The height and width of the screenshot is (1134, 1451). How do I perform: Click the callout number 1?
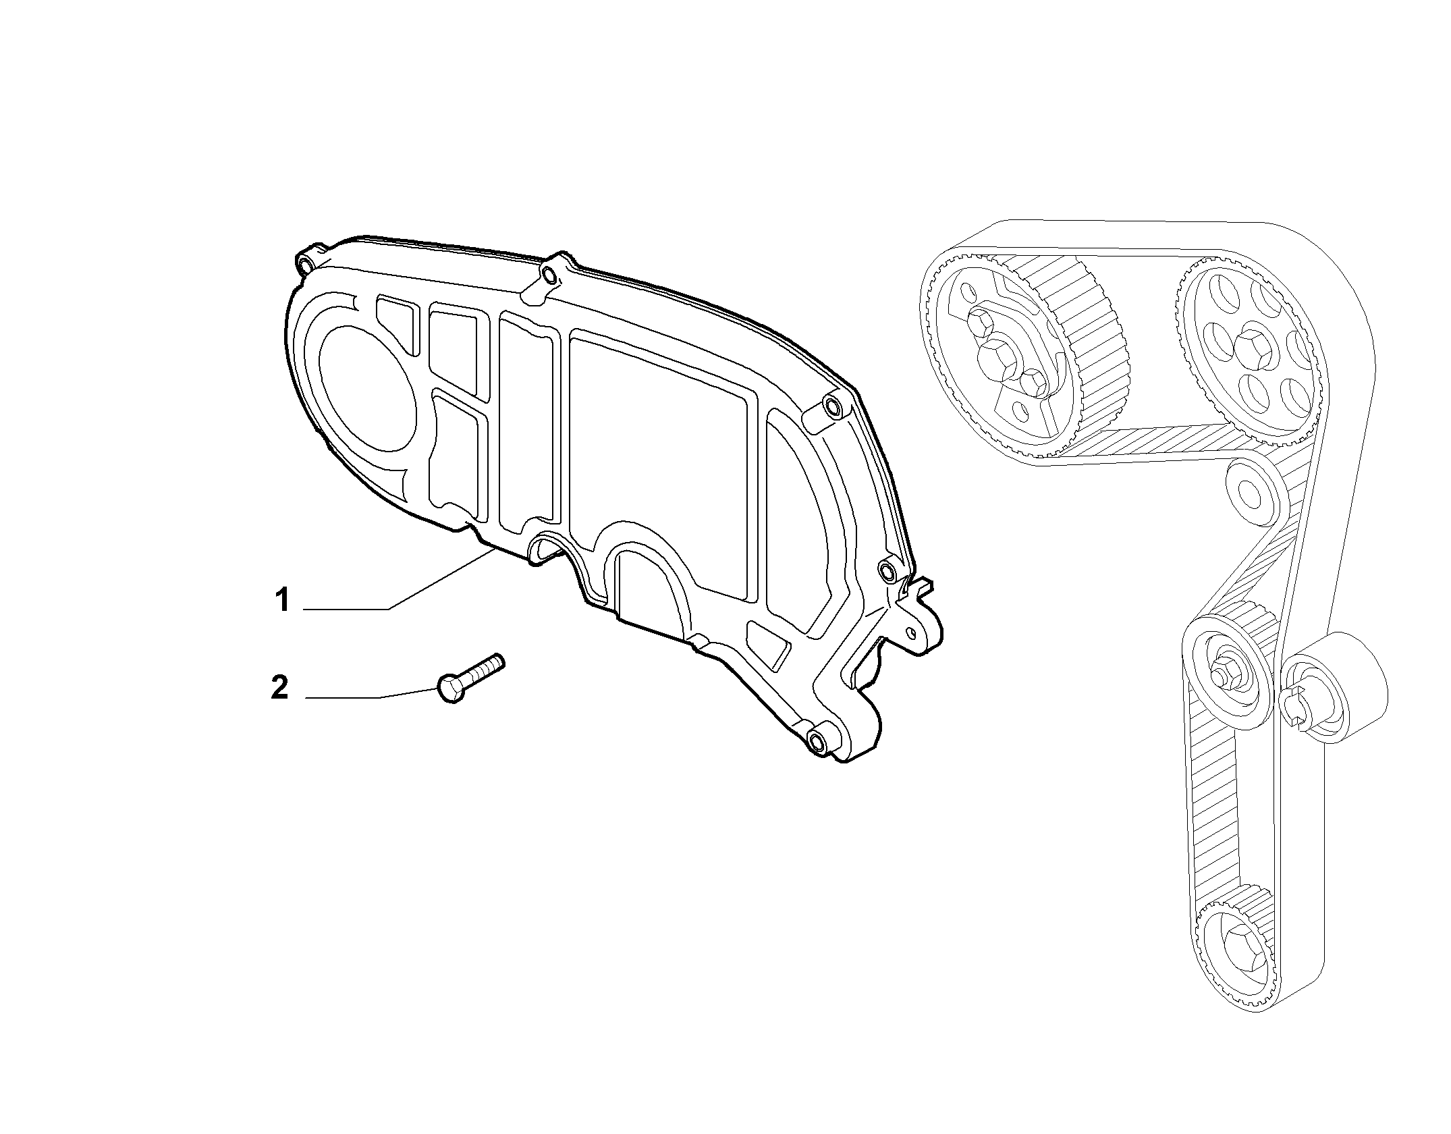coord(282,600)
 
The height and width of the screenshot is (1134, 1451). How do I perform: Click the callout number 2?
coord(279,687)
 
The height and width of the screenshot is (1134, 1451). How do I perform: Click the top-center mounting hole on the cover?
coord(550,275)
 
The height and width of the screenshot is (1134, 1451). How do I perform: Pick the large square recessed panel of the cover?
coord(658,466)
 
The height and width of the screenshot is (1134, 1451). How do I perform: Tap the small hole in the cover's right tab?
coord(912,631)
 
